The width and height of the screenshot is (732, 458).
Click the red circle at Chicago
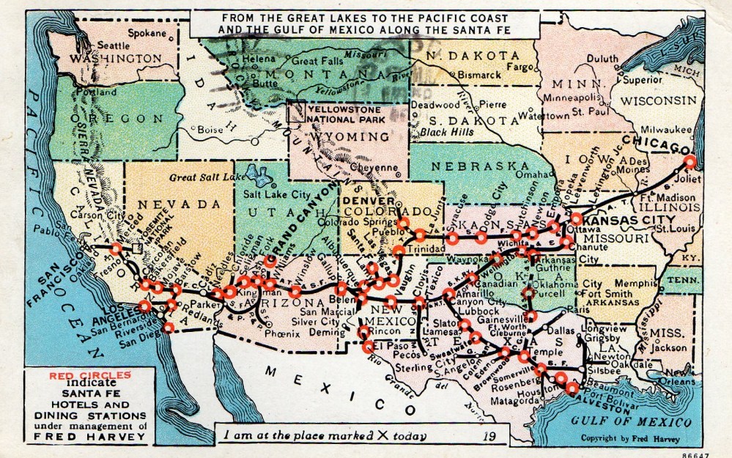click(x=690, y=163)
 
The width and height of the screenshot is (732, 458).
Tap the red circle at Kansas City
click(x=577, y=218)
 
